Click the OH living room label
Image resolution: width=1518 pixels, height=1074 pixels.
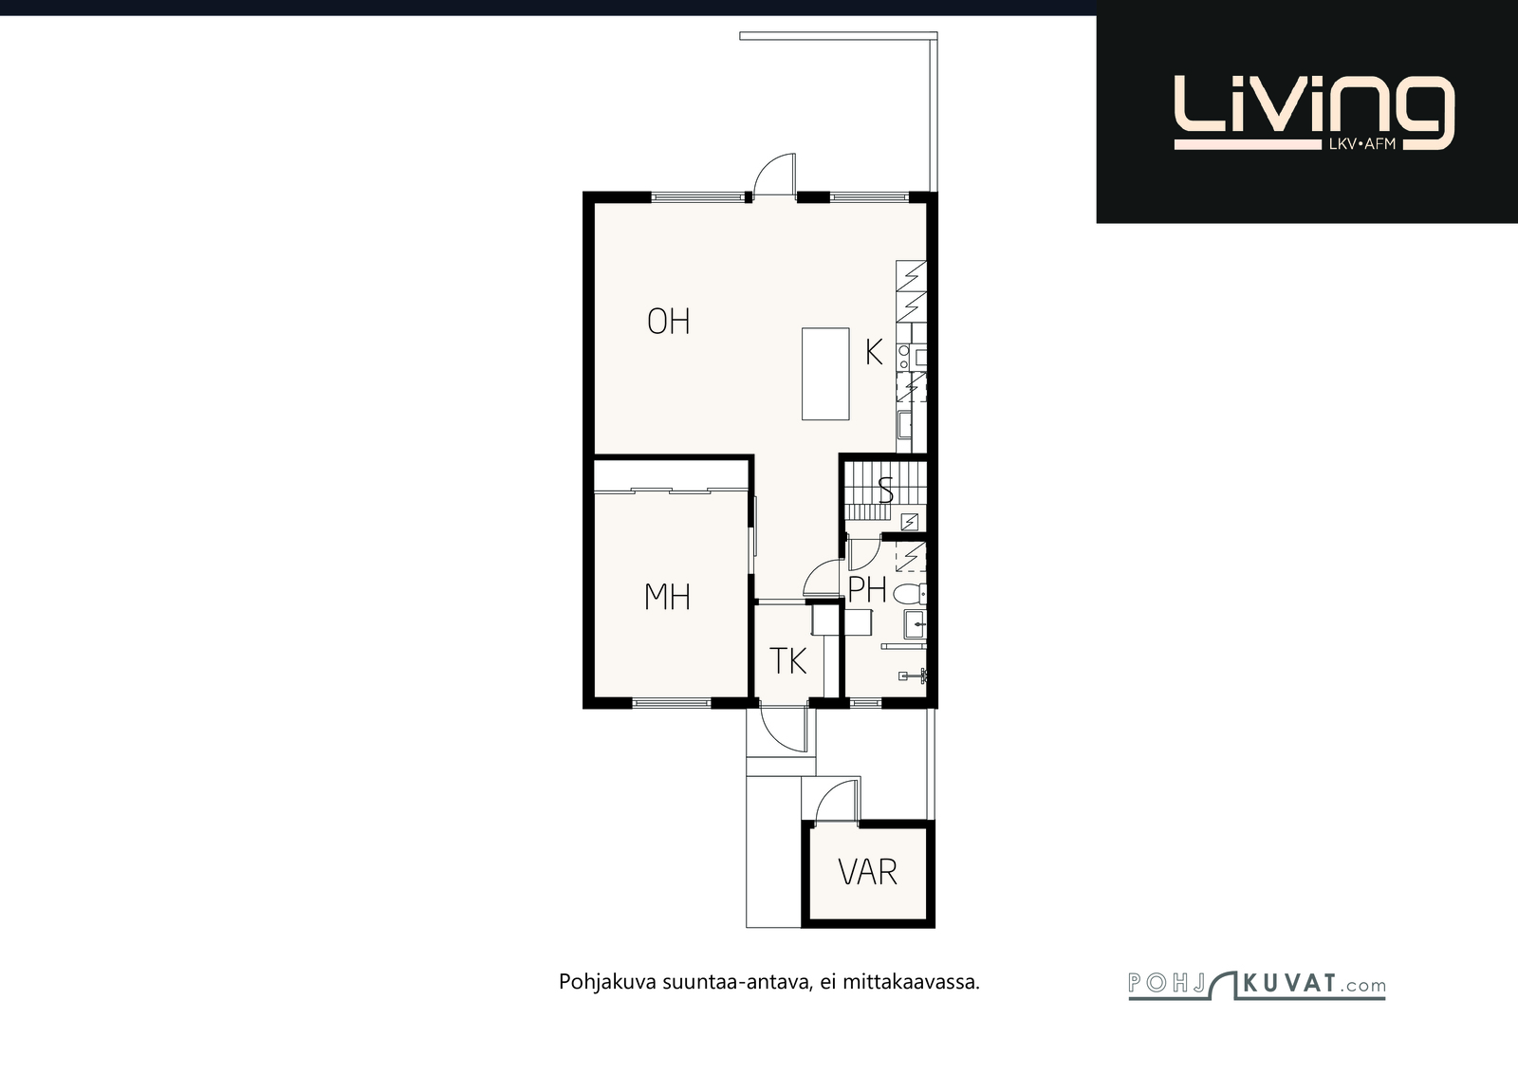click(x=668, y=322)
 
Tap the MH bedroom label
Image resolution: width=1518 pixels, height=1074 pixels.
click(x=667, y=597)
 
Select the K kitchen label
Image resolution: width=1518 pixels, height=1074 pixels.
click(x=874, y=352)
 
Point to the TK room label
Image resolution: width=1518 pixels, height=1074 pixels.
click(x=788, y=660)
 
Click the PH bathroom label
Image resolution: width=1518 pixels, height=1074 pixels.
click(x=867, y=589)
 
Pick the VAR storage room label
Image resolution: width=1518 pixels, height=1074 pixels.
click(x=867, y=872)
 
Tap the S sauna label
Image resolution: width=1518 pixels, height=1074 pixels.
click(x=885, y=490)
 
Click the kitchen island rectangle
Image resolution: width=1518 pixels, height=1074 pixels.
click(x=825, y=374)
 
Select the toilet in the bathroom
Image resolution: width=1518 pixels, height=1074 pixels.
click(x=910, y=594)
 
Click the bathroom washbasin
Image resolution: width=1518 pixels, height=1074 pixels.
click(x=915, y=623)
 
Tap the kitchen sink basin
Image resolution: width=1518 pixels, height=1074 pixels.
click(x=905, y=425)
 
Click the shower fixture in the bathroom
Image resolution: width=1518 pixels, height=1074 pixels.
click(x=914, y=676)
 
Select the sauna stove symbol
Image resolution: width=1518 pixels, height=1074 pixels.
click(x=910, y=522)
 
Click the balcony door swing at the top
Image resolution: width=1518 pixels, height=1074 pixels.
click(x=774, y=175)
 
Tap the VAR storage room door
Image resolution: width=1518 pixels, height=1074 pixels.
click(x=838, y=801)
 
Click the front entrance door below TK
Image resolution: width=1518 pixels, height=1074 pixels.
click(x=784, y=729)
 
